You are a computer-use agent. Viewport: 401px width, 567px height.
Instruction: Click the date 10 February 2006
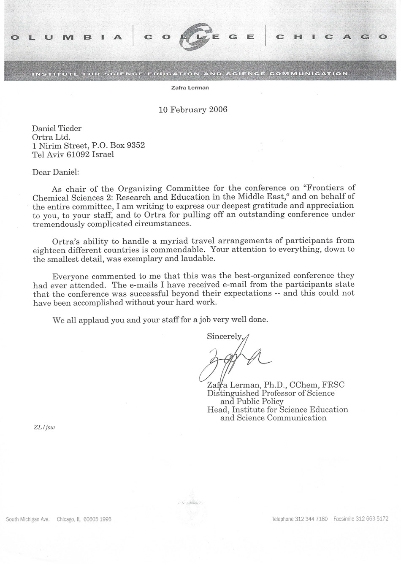point(193,110)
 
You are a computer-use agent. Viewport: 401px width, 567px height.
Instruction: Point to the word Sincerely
point(225,336)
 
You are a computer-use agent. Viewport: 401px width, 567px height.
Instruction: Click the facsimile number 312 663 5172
point(372,519)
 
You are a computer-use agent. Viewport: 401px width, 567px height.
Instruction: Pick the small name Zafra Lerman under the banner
point(190,88)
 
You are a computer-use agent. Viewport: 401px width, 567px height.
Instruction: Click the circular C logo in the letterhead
point(199,37)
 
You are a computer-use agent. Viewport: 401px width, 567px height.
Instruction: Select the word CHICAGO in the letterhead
point(331,37)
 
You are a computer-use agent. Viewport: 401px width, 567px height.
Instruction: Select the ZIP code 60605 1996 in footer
point(98,519)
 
